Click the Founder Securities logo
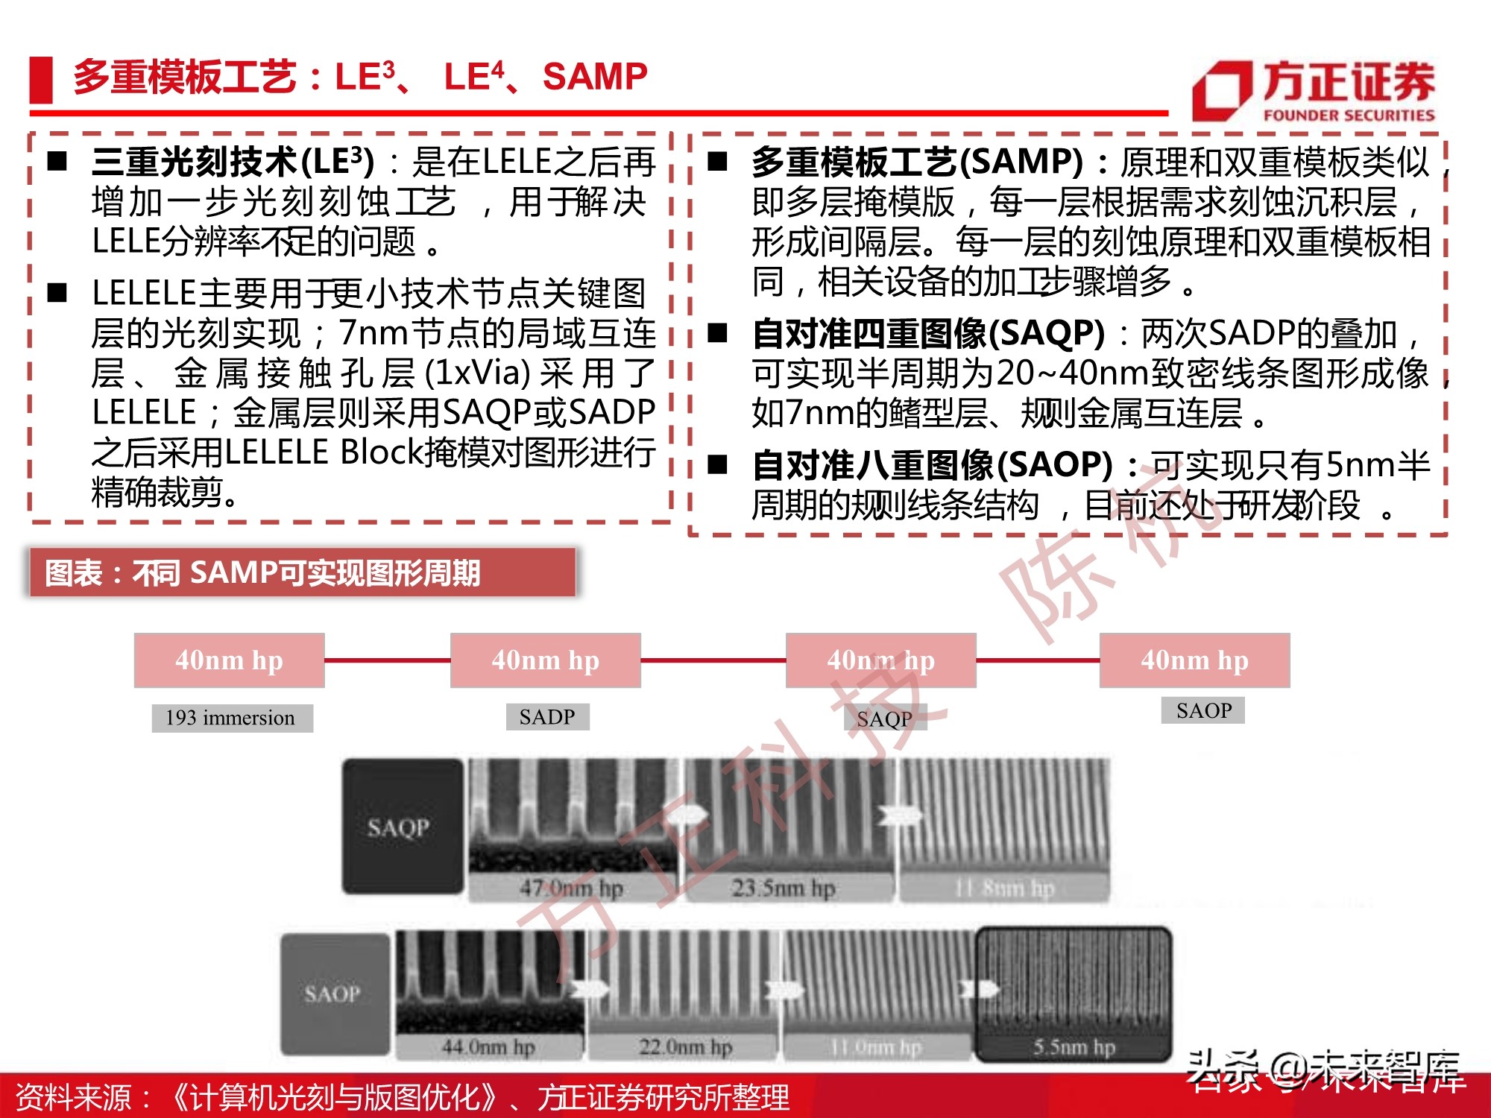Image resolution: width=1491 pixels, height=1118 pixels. click(x=1314, y=91)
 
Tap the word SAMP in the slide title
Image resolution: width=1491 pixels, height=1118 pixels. click(x=595, y=76)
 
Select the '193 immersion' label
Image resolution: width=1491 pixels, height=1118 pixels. click(x=231, y=718)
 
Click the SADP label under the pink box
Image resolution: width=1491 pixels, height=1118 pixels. click(x=547, y=716)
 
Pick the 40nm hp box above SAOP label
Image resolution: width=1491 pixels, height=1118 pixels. click(x=1194, y=660)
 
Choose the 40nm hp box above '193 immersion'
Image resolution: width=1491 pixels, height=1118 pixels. click(x=229, y=660)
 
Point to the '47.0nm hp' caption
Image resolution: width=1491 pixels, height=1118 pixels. click(x=571, y=888)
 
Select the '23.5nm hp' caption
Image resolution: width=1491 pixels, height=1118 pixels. click(x=783, y=888)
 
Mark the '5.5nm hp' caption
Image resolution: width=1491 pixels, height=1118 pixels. click(x=1074, y=1047)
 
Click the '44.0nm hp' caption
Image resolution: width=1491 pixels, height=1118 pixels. click(x=488, y=1047)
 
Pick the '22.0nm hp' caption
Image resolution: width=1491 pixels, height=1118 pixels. click(x=685, y=1047)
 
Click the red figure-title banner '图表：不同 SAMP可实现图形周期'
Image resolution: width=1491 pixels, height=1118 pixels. click(x=302, y=572)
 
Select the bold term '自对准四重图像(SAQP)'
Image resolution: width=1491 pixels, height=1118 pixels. click(x=927, y=333)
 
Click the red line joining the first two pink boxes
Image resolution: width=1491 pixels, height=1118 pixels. click(x=388, y=660)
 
